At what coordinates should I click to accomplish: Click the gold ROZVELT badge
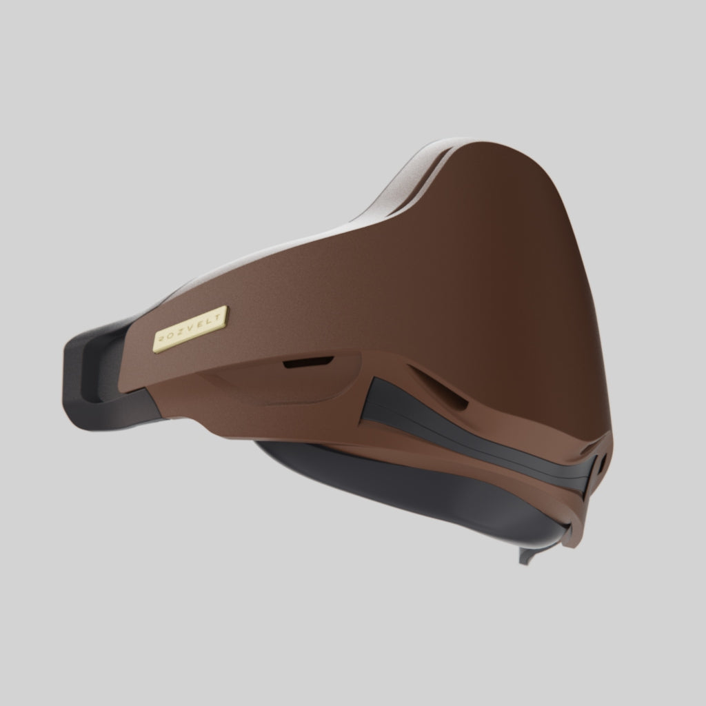tap(190, 330)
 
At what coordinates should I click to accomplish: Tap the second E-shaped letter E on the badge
tap(200, 326)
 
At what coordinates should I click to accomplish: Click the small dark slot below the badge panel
tap(308, 362)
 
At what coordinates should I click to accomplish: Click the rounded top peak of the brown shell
tap(503, 148)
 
